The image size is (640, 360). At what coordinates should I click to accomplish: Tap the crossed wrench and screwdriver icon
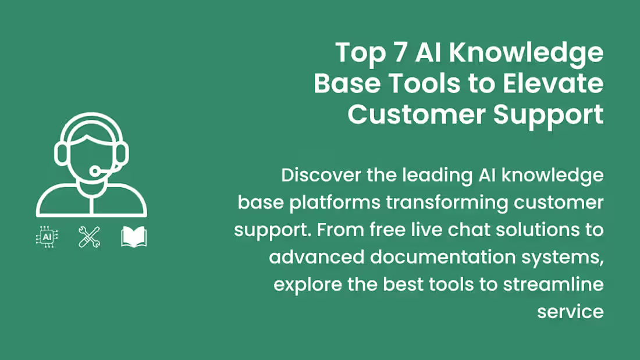pos(89,237)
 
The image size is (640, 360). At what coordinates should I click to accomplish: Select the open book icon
pos(134,237)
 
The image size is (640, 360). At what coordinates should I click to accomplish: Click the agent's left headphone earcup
pos(61,153)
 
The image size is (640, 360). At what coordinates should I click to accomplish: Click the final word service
pos(570,311)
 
